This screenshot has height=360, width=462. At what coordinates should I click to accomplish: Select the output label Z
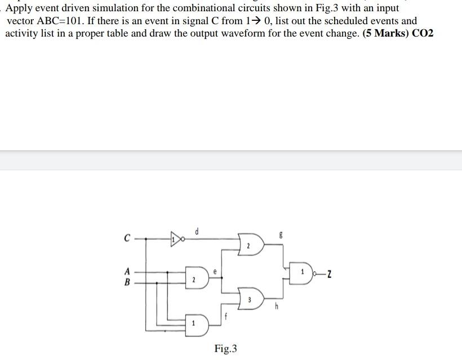click(328, 274)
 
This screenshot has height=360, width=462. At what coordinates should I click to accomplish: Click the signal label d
click(196, 231)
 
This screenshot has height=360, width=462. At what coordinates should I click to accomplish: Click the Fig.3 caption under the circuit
click(225, 349)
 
